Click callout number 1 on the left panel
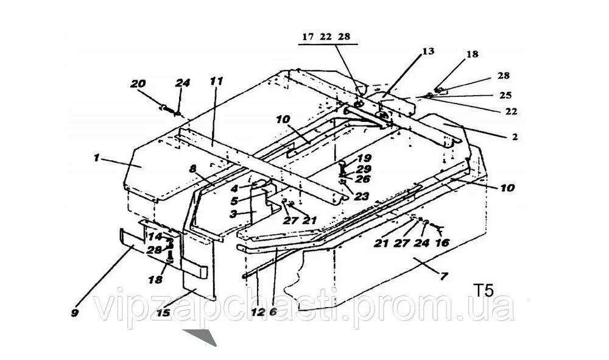click(x=96, y=157)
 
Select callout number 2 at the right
click(x=515, y=138)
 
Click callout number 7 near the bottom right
click(x=444, y=277)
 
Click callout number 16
click(x=443, y=242)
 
